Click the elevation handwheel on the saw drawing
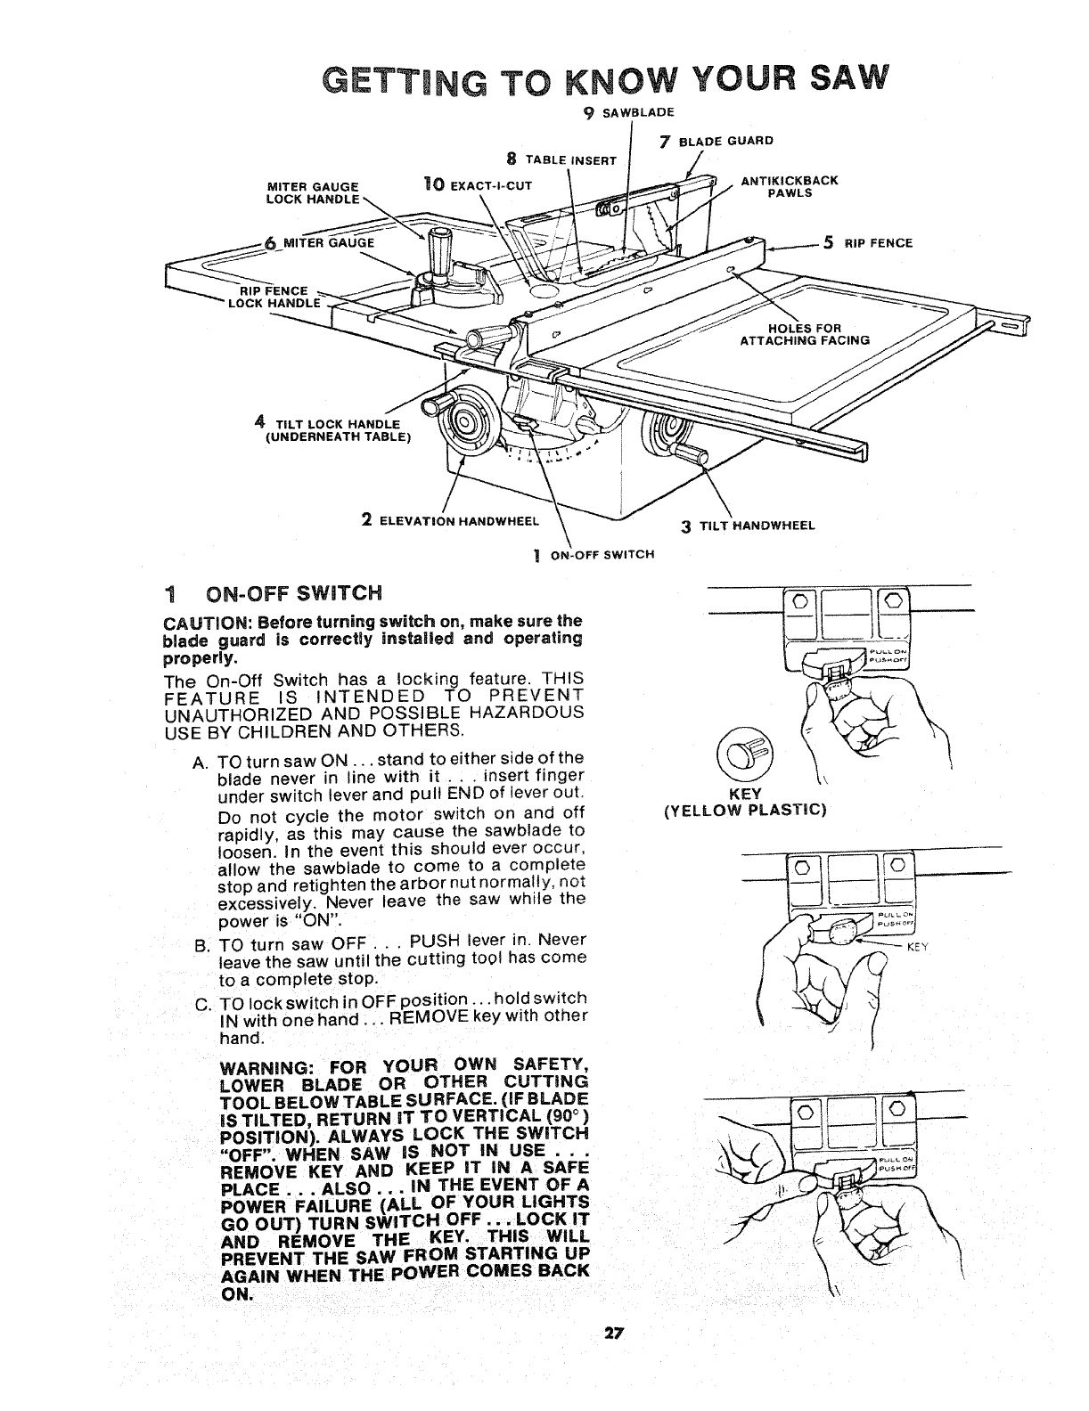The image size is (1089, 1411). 465,419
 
